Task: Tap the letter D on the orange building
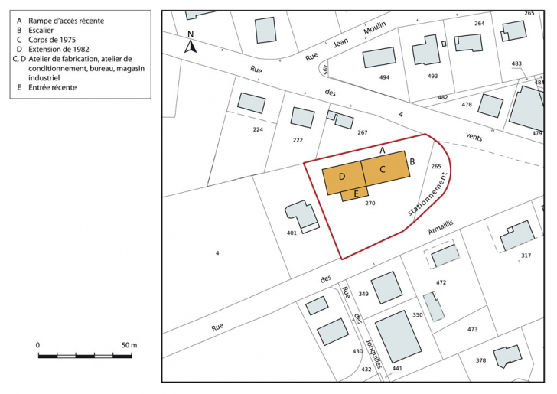coord(343,177)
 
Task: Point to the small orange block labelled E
coord(356,194)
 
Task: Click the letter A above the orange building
coord(382,150)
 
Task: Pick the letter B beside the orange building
coord(412,161)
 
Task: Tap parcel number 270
coord(370,204)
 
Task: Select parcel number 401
coord(292,232)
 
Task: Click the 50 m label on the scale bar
coord(128,346)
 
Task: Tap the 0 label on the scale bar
coord(38,346)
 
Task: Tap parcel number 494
coord(384,77)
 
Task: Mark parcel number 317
coord(526,256)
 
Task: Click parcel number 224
coord(258,129)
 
